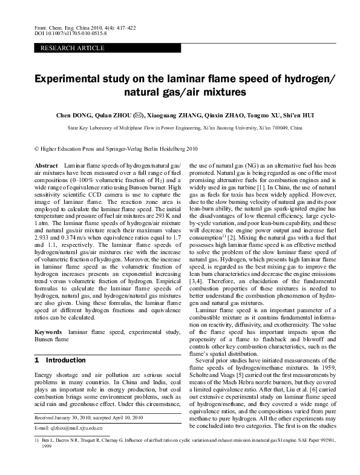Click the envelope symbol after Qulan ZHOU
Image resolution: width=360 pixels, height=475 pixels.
pyautogui.click(x=139, y=114)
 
